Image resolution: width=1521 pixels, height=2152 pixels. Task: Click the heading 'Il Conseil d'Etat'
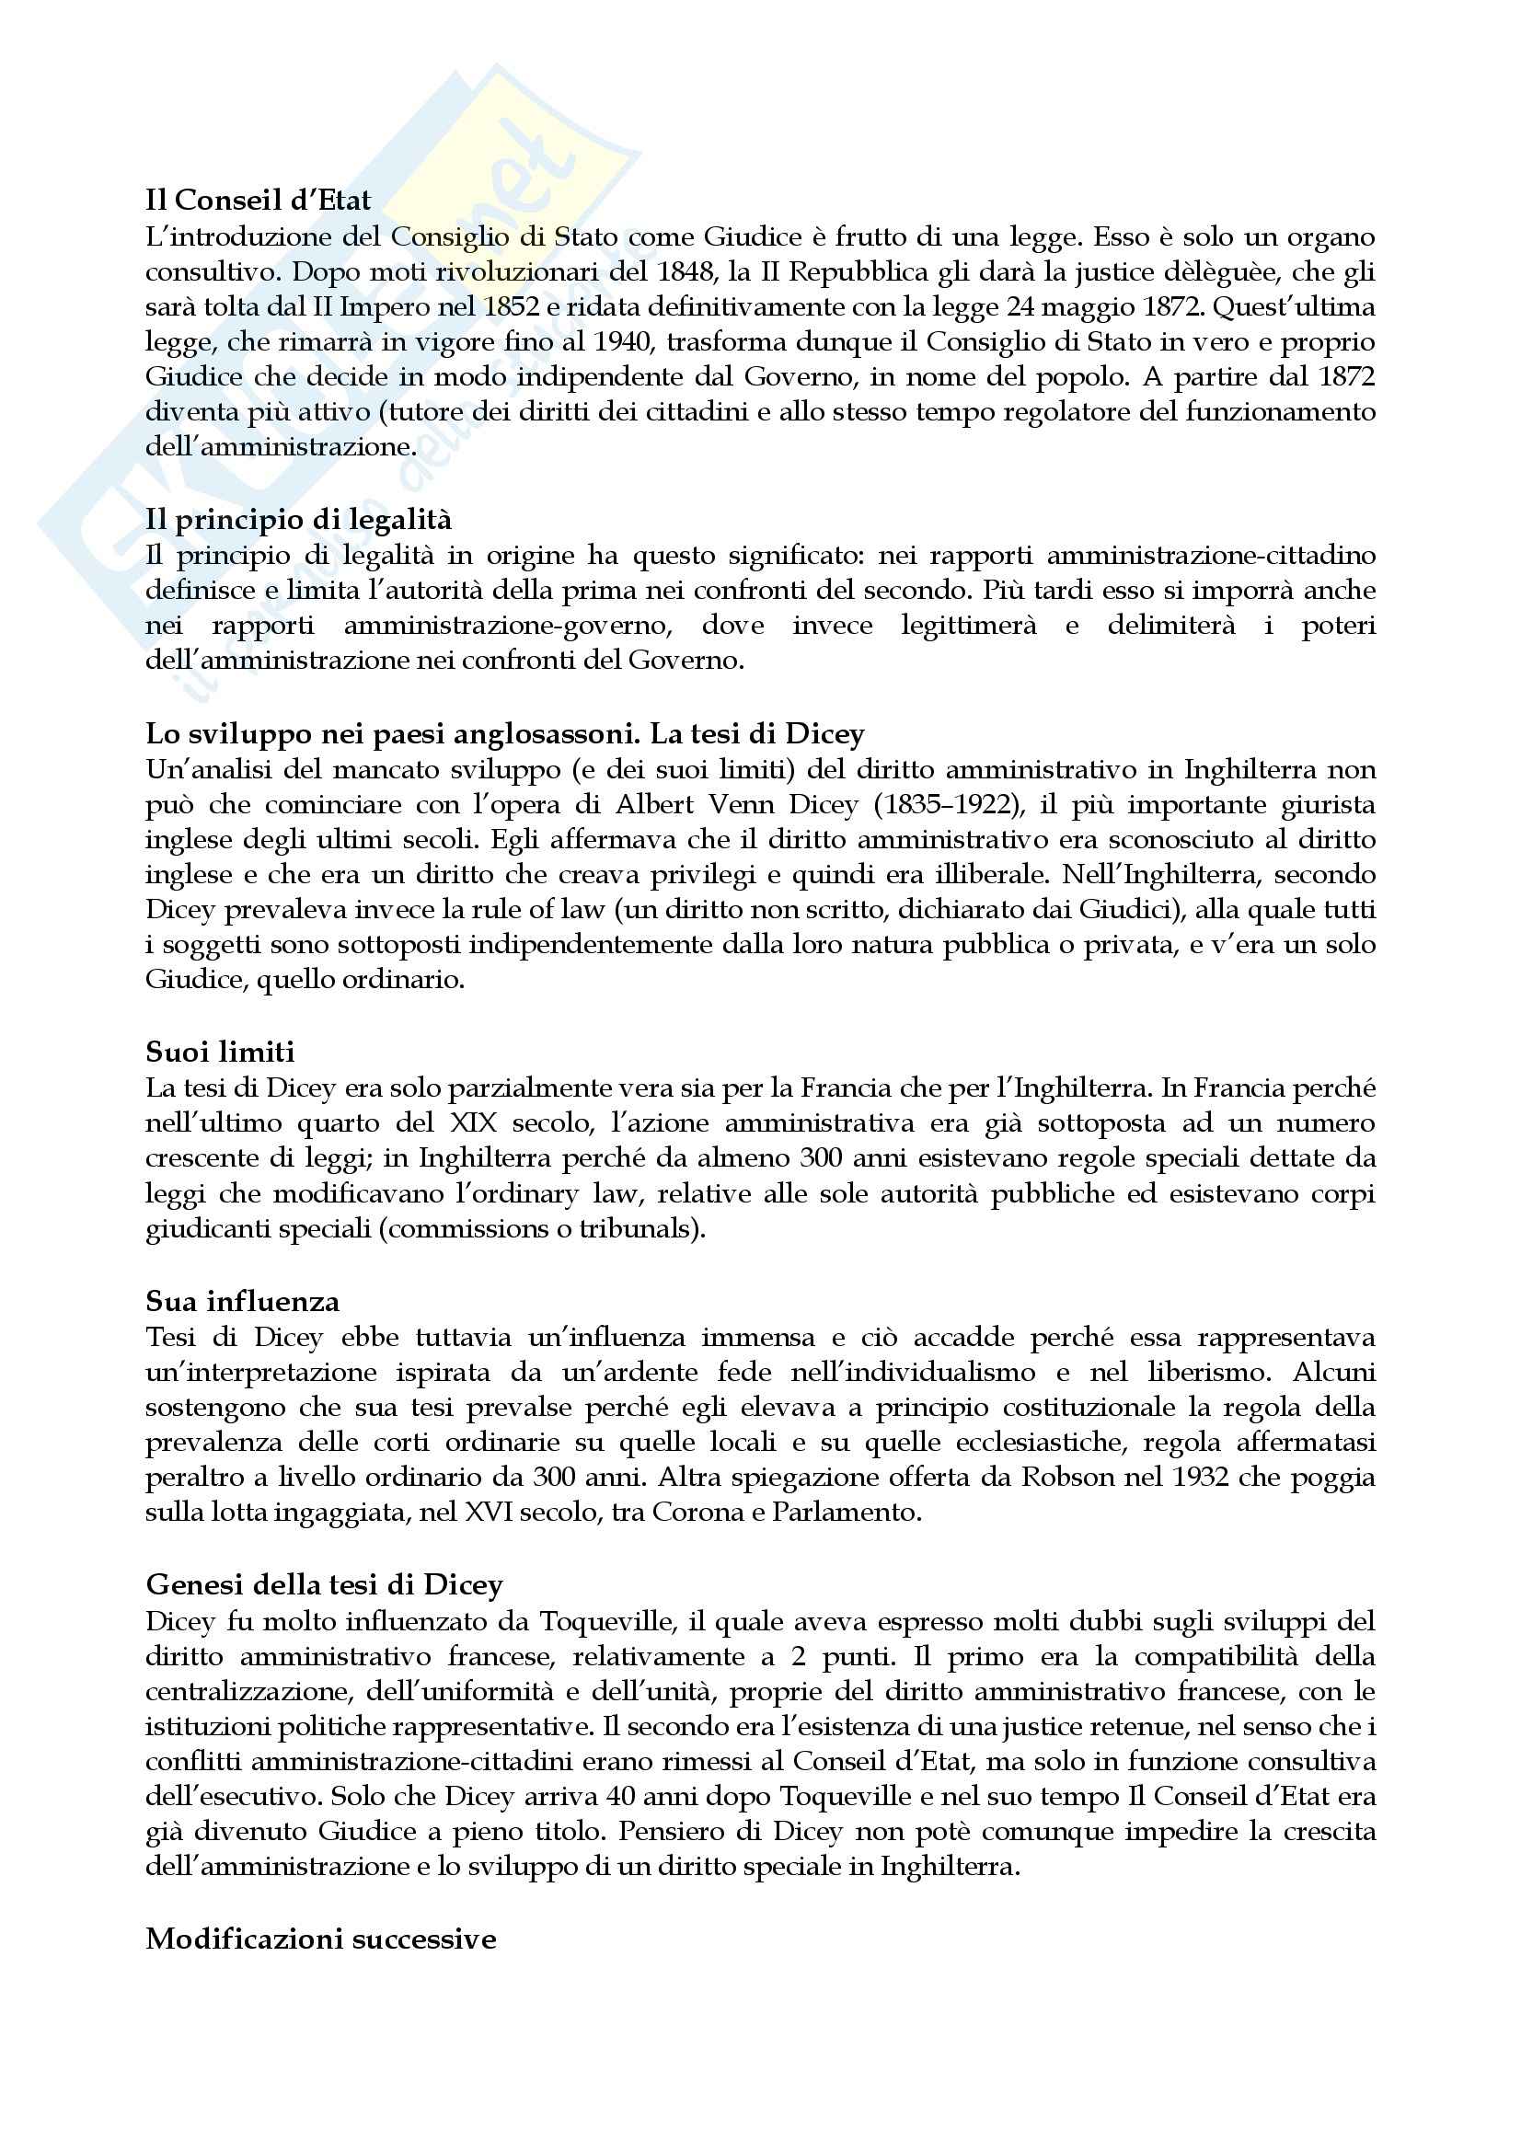[x=258, y=200]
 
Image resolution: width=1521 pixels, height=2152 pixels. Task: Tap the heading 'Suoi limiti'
[x=220, y=1053]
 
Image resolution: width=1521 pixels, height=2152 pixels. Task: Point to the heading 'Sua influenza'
[x=242, y=1301]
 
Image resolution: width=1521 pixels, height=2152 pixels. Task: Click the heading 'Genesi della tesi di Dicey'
[x=324, y=1585]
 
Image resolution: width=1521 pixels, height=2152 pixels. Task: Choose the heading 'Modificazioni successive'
[x=320, y=1939]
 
